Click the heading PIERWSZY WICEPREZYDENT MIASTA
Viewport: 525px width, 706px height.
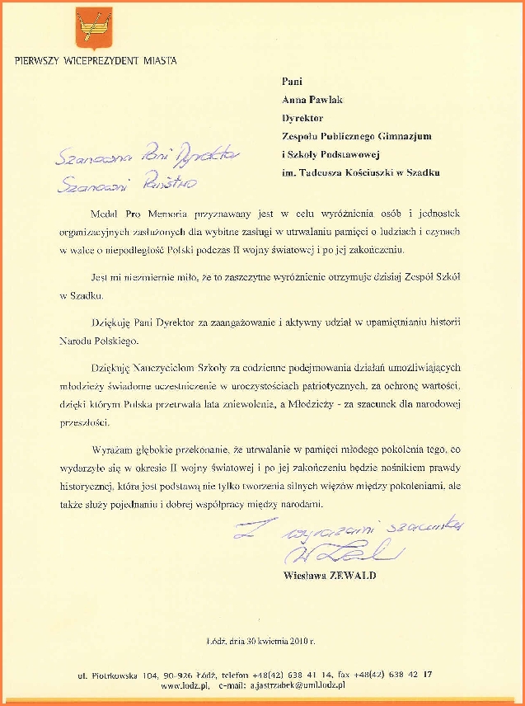(x=96, y=60)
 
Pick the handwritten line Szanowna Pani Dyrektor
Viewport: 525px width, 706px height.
(x=145, y=153)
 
